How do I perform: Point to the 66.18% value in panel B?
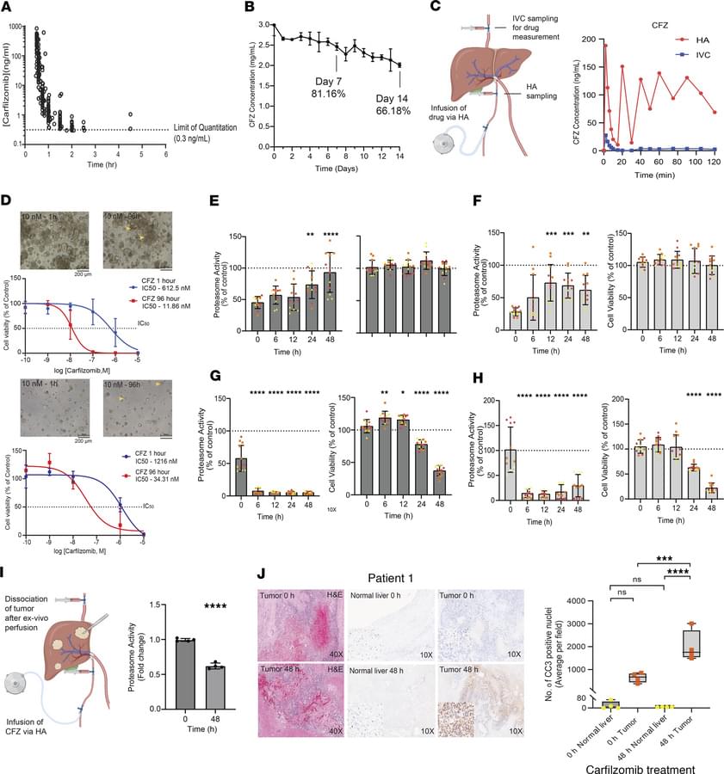coord(390,112)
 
